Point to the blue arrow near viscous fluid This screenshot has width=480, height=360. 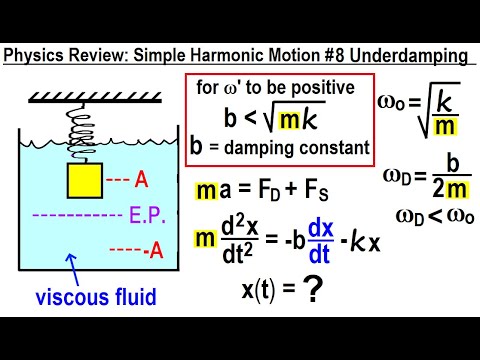72,263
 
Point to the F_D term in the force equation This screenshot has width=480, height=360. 275,190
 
